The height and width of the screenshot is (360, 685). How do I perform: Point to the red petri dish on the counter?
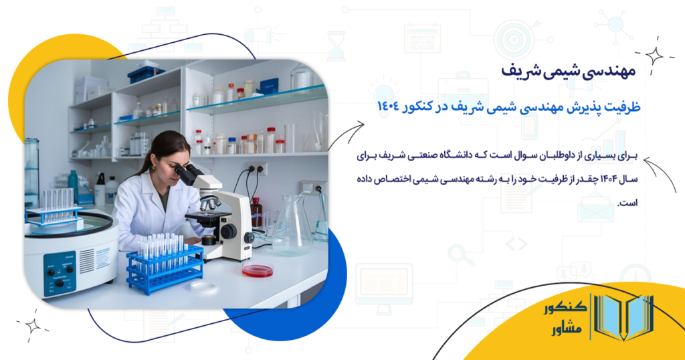point(258,270)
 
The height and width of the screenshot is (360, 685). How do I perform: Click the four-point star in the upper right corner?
point(653,56)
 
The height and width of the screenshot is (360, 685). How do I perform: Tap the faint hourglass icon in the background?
point(336,46)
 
